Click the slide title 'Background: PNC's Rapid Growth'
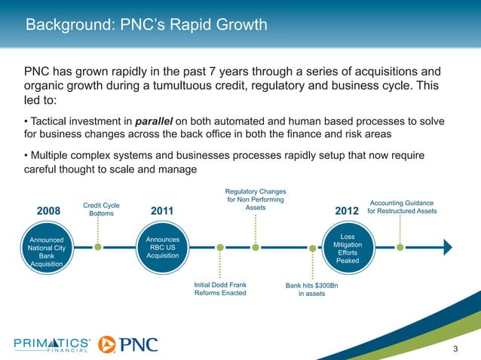(x=146, y=26)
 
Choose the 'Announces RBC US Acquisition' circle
(x=163, y=247)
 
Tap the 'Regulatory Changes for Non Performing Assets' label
(x=256, y=199)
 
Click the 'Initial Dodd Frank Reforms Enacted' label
(x=220, y=289)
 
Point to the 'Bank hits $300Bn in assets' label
(x=311, y=289)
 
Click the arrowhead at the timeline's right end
(x=447, y=246)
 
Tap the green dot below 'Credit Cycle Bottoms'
(x=98, y=246)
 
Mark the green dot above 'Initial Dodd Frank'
(x=219, y=246)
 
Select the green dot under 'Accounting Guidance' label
(x=400, y=246)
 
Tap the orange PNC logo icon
(x=107, y=344)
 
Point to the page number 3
(x=455, y=346)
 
